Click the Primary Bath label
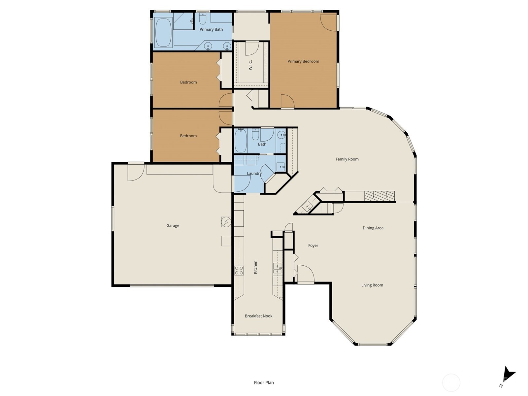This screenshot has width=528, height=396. (x=211, y=29)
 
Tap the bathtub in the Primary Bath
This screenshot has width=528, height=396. (x=163, y=32)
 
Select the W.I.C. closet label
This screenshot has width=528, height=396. (x=250, y=65)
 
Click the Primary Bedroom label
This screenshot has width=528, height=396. (x=303, y=61)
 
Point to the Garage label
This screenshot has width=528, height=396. (x=173, y=226)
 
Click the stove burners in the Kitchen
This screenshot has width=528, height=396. (x=239, y=271)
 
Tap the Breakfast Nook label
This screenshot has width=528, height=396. (x=258, y=316)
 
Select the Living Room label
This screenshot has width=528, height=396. (x=372, y=285)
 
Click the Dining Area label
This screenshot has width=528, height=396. (x=373, y=228)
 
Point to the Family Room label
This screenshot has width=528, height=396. (x=347, y=159)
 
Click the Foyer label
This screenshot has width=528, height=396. (x=313, y=246)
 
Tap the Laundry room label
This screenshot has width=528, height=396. (x=254, y=173)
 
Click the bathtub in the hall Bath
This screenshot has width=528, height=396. (x=241, y=141)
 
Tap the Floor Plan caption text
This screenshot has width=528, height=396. (x=264, y=383)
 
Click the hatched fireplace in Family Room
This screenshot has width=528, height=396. (x=379, y=196)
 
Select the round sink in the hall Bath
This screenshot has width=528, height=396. (x=281, y=134)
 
